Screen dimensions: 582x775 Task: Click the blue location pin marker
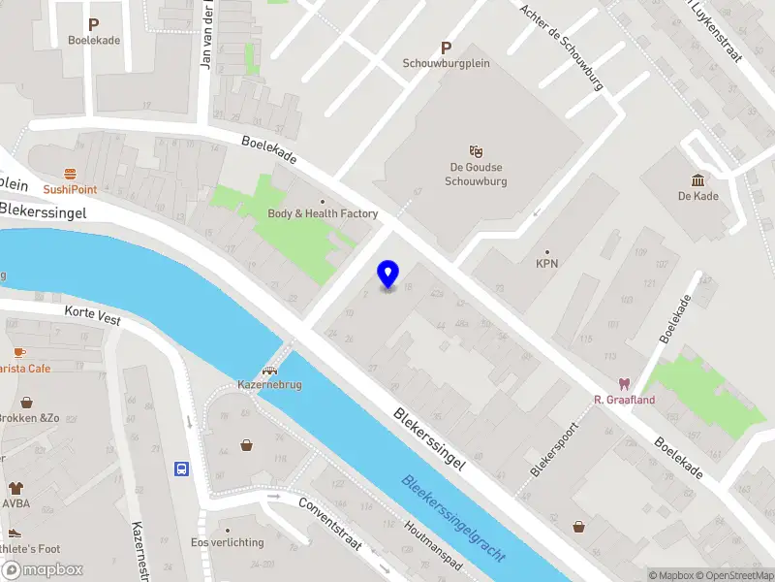point(388,274)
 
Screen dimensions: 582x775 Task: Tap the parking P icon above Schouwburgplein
point(446,48)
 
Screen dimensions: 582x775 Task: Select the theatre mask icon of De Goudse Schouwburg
point(476,151)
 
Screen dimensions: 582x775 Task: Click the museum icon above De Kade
point(697,179)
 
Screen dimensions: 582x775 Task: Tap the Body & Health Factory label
point(323,213)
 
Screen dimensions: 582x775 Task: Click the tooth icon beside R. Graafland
point(625,384)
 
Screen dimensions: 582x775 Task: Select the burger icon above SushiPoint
point(70,175)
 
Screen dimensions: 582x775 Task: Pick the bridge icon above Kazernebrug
point(270,370)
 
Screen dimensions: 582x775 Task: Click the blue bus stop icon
point(181,469)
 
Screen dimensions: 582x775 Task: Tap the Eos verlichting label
point(228,542)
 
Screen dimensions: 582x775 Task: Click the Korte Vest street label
point(92,315)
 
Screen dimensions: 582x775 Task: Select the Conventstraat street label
point(329,525)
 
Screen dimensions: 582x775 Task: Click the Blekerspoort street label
point(554,448)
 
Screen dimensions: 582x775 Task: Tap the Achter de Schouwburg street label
point(561,46)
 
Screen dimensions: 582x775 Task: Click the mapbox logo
point(43,569)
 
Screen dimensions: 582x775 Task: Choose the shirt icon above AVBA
point(15,489)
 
